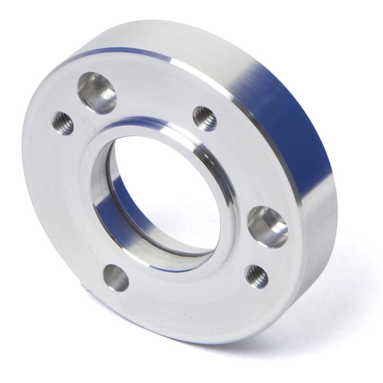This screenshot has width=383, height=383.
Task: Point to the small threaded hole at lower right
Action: (x=256, y=275)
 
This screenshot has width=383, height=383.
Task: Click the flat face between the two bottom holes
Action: (x=186, y=287)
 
